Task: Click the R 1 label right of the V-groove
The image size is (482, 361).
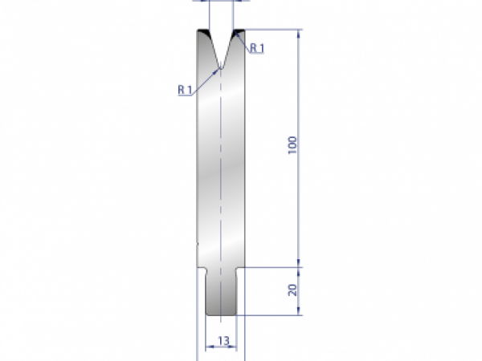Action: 257,48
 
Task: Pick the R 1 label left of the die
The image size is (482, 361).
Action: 184,90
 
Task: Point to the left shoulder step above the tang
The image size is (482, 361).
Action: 202,267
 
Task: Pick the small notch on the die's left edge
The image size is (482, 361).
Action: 197,242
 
